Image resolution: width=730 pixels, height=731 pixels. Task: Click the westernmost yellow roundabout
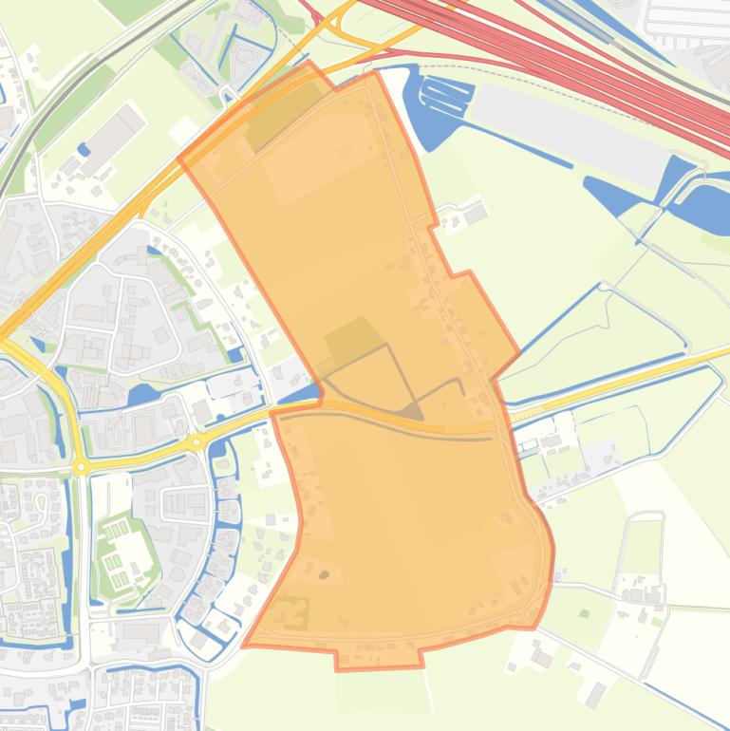[x=81, y=466]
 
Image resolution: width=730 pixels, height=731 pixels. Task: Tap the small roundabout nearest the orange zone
[x=197, y=441]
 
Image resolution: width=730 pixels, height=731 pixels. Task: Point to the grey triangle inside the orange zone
[x=412, y=411]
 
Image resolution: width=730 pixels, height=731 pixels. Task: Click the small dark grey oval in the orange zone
[x=324, y=574]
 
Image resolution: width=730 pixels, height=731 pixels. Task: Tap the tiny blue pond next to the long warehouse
[x=84, y=149]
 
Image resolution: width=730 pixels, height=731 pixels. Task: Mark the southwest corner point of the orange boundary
[x=245, y=646]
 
